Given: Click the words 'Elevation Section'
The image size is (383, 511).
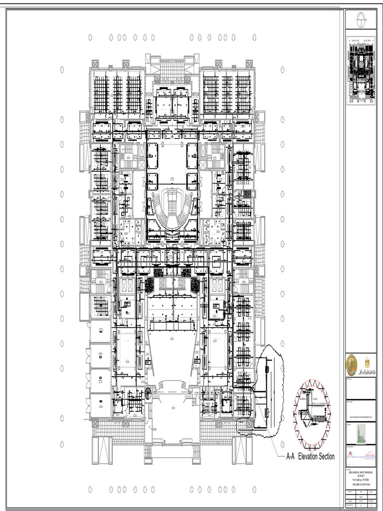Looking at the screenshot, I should [316, 456].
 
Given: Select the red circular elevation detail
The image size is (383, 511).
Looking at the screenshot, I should [312, 414].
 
